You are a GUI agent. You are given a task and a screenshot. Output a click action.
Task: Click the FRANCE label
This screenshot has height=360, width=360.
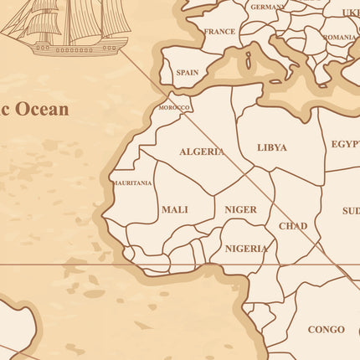pyautogui.click(x=219, y=32)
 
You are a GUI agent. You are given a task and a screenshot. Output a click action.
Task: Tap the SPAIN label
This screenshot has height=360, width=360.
pyautogui.click(x=188, y=73)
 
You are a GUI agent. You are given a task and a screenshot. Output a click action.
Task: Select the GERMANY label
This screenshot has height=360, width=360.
pyautogui.click(x=267, y=7)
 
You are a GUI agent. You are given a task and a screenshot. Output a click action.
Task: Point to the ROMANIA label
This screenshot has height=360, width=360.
pyautogui.click(x=339, y=38)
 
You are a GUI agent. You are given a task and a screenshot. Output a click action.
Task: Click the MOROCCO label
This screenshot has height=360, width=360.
pyautogui.click(x=175, y=108)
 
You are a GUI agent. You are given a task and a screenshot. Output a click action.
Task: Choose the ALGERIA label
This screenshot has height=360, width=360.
pyautogui.click(x=202, y=152)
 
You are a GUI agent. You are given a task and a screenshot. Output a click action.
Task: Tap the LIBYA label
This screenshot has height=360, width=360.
pyautogui.click(x=272, y=147)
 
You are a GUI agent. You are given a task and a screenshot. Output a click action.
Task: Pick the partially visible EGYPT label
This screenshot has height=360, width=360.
pyautogui.click(x=345, y=144)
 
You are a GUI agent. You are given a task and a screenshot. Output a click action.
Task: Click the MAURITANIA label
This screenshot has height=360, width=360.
pyautogui.click(x=132, y=183)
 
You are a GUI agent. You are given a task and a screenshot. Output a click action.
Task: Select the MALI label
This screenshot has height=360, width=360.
pyautogui.click(x=175, y=209)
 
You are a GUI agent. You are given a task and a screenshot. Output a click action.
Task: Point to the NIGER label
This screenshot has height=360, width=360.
pyautogui.click(x=241, y=209)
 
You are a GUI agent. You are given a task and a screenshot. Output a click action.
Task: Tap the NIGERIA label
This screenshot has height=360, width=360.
pyautogui.click(x=246, y=249)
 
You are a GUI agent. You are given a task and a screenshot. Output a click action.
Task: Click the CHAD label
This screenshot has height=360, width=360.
pyautogui.click(x=293, y=226)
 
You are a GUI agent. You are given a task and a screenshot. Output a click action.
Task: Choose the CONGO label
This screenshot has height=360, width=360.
pyautogui.click(x=326, y=330)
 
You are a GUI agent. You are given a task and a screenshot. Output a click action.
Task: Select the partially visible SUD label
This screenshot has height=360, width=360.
pyautogui.click(x=351, y=211)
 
